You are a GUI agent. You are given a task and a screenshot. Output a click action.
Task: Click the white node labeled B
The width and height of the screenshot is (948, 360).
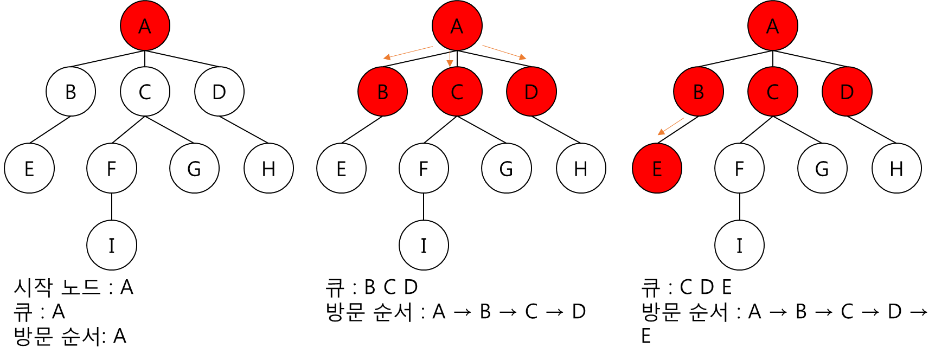coord(71,92)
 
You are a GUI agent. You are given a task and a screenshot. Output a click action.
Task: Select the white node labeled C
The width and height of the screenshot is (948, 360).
coord(145,92)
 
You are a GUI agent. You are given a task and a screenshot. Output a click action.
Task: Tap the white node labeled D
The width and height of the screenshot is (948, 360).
coord(219,92)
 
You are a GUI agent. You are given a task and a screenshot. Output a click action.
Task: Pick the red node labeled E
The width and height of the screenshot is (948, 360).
coord(657,169)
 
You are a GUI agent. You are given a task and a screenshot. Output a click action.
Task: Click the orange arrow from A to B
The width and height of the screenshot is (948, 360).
coord(408,52)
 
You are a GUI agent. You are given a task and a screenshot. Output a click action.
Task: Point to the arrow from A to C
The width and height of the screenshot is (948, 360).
coord(450,59)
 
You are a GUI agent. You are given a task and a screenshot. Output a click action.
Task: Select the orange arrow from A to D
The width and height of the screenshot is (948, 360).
coord(504,52)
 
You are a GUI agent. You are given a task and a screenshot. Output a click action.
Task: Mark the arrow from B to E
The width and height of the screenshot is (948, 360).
coord(671,126)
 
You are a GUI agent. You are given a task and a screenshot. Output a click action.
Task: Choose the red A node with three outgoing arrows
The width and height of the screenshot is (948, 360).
coord(457,26)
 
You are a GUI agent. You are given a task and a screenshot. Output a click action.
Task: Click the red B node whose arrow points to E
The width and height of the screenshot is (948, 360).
coord(699,92)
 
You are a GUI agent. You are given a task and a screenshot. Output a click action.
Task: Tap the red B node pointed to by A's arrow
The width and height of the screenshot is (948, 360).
coord(382,92)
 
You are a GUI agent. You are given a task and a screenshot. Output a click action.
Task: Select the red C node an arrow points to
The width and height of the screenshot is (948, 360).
coord(457,92)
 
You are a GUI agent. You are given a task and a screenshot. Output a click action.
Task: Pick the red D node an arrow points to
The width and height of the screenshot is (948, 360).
coord(531,92)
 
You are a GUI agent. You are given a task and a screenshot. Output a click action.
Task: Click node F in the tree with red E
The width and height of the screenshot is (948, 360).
coord(739,169)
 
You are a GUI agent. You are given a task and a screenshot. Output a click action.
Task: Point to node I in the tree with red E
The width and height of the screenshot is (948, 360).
coord(739,246)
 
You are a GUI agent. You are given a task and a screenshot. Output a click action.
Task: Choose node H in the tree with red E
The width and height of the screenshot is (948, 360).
coord(896,169)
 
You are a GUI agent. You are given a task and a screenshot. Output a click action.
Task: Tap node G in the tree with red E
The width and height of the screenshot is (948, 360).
coord(822,169)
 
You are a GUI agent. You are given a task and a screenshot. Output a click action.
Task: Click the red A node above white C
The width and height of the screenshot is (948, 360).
coord(145,26)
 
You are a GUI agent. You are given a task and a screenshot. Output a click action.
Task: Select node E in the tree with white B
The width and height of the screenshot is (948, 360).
coord(29,169)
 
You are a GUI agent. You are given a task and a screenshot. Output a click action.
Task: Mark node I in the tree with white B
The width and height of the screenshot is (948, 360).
coord(112,246)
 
